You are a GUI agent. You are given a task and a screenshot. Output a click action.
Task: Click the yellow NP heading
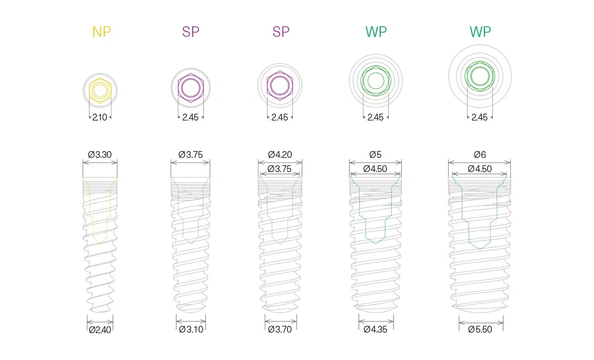[102, 32]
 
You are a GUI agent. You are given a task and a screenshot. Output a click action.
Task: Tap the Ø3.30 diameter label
[100, 154]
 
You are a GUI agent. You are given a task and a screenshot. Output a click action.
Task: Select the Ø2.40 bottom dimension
[100, 329]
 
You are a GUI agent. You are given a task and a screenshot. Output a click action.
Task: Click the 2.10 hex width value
[100, 117]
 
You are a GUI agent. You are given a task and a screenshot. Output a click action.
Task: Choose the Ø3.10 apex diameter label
[191, 329]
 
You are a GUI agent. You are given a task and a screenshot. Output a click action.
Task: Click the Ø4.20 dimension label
[280, 154]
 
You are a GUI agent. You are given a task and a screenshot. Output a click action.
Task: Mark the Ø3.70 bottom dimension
[280, 329]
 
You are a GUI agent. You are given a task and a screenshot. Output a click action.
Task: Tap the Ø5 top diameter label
[375, 154]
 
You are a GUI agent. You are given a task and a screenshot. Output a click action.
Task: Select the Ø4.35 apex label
[375, 329]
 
